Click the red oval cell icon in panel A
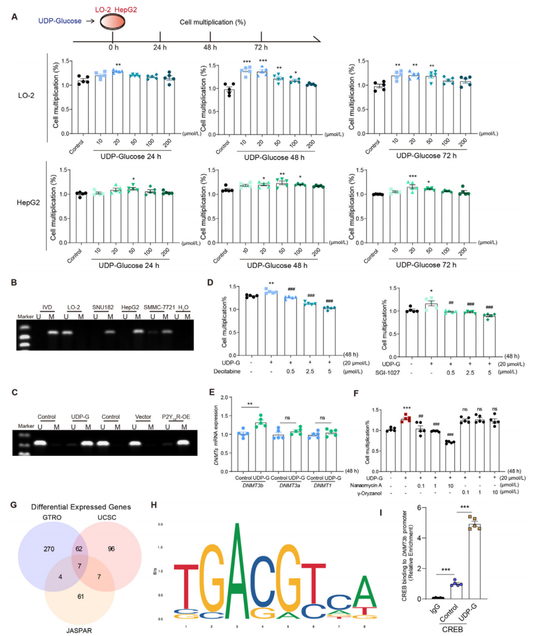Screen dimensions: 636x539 pos(112,22)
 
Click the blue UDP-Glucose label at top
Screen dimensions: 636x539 pos(60,21)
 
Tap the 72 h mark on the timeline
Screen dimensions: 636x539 pos(261,47)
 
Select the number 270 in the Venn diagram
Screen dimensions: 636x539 pos(49,549)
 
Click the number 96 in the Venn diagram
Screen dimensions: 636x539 pos(111,549)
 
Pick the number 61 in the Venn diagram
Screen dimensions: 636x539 pos(81,596)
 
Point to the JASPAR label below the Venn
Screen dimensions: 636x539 pos(79,630)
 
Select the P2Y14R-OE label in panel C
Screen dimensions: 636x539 pos(176,417)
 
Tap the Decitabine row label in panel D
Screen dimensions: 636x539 pos(227,371)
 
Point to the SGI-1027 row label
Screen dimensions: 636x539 pos(388,372)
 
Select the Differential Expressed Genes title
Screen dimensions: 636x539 pos(81,507)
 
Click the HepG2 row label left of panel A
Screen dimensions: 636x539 pos(28,203)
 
